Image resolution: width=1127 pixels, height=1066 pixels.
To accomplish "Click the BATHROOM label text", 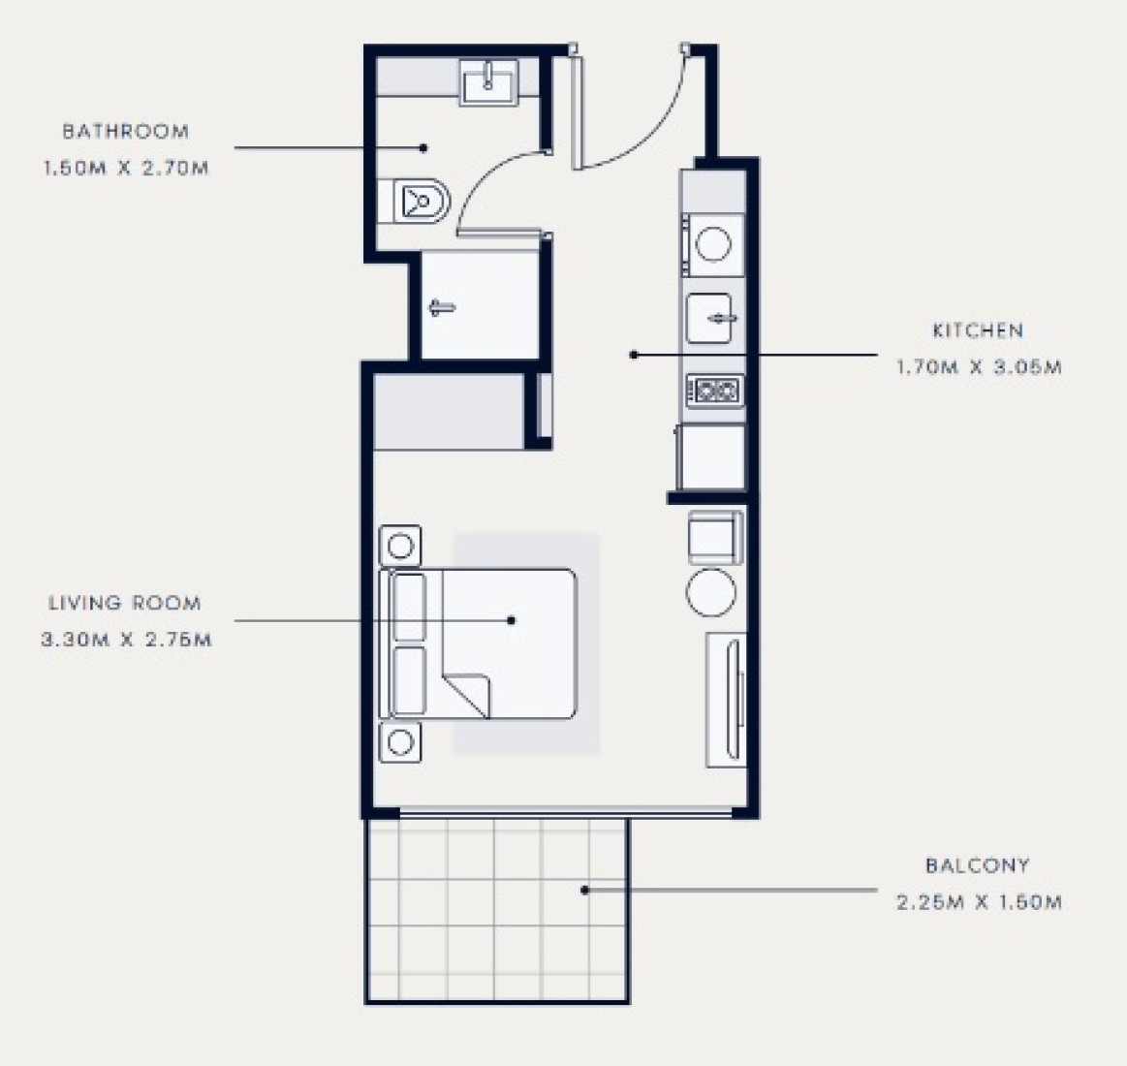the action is pyautogui.click(x=126, y=132).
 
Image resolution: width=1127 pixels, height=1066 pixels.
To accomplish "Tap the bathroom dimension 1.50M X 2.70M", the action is pyautogui.click(x=126, y=169).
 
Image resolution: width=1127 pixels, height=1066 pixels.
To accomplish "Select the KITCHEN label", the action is pyautogui.click(x=978, y=330).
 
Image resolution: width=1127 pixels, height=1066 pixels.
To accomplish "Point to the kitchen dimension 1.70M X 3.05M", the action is pyautogui.click(x=978, y=367).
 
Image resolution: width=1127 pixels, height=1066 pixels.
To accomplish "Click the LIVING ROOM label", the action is pyautogui.click(x=125, y=603).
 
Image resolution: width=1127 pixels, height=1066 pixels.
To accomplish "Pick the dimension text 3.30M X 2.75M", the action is pyautogui.click(x=127, y=640).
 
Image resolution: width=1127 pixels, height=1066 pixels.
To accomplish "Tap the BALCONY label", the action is pyautogui.click(x=978, y=865).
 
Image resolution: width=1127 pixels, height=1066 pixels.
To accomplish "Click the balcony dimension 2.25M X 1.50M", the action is pyautogui.click(x=979, y=902).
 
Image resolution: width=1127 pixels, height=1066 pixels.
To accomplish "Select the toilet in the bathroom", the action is pyautogui.click(x=422, y=201).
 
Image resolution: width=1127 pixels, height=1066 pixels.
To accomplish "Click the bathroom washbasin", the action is pyautogui.click(x=488, y=82).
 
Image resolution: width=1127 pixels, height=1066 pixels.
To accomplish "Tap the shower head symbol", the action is pyautogui.click(x=442, y=308).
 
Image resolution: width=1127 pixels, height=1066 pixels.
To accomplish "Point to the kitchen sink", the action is pyautogui.click(x=710, y=318).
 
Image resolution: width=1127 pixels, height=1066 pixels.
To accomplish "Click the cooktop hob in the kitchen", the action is pyautogui.click(x=714, y=392).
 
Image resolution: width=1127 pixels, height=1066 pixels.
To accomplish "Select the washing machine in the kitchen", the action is pyautogui.click(x=712, y=244).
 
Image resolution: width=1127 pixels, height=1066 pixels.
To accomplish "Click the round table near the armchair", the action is pyautogui.click(x=711, y=592).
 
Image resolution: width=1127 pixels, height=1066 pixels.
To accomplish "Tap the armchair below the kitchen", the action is pyautogui.click(x=715, y=538).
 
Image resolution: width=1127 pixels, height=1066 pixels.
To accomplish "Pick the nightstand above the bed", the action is pyautogui.click(x=400, y=547).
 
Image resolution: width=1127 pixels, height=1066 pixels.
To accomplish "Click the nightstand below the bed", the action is pyautogui.click(x=400, y=741).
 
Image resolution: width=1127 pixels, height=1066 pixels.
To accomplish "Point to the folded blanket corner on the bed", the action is pyautogui.click(x=467, y=695).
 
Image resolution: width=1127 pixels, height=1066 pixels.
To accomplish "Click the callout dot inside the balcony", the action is pyautogui.click(x=585, y=890).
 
